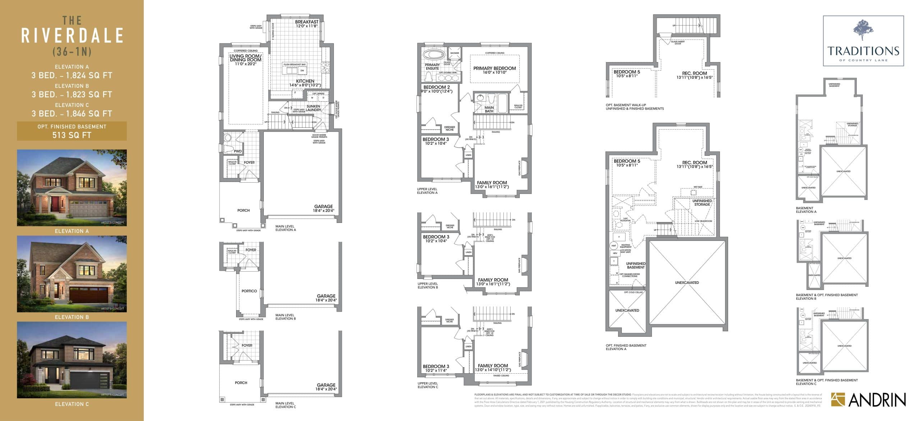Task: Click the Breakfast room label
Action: [x=307, y=22]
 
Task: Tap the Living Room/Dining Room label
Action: [x=245, y=58]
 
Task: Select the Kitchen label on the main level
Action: [x=305, y=81]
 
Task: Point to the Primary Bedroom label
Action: [x=494, y=68]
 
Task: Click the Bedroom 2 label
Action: [x=436, y=87]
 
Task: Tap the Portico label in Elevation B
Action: [x=249, y=291]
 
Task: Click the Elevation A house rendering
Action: [x=72, y=188]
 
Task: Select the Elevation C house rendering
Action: [x=72, y=360]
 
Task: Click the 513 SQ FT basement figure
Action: [x=72, y=135]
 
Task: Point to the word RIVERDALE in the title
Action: [x=72, y=36]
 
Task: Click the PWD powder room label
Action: [x=238, y=151]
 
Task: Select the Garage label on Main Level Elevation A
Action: [x=323, y=206]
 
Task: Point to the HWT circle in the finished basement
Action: [x=613, y=246]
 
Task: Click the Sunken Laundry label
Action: [x=313, y=108]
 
